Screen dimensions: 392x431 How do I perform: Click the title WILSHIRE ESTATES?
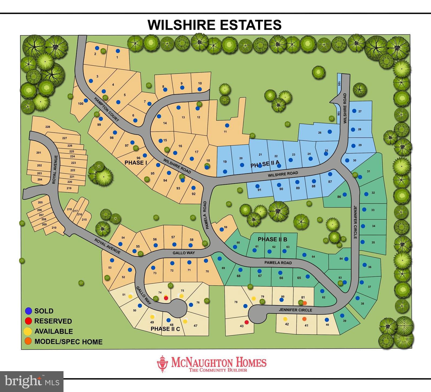[x=215, y=25]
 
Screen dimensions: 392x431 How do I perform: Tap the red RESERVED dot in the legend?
[x=28, y=321]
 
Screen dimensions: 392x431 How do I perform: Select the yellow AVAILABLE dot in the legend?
[x=28, y=331]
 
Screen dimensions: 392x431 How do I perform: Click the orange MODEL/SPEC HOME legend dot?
[x=28, y=341]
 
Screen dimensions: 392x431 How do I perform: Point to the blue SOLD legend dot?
[x=28, y=311]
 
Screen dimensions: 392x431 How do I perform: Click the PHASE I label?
[x=136, y=163]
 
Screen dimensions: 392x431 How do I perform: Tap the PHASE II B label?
[x=272, y=239]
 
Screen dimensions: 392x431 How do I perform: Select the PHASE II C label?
[x=165, y=329]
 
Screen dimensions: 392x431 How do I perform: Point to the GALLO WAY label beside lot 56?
[x=183, y=253]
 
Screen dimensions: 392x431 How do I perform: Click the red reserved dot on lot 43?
[x=247, y=322]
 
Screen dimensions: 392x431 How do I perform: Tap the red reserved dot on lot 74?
[x=166, y=298]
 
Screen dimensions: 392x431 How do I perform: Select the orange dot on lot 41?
[x=304, y=319]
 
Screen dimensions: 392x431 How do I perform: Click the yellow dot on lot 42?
[x=285, y=319]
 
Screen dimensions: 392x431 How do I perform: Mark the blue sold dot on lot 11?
[x=227, y=125]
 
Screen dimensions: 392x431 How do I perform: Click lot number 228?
[x=48, y=127]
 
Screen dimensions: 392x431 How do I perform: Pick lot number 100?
[x=81, y=104]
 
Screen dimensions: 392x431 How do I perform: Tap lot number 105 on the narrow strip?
[x=339, y=83]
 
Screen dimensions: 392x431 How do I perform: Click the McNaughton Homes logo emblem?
[x=162, y=364]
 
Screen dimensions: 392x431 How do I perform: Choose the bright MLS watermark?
[x=32, y=381]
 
